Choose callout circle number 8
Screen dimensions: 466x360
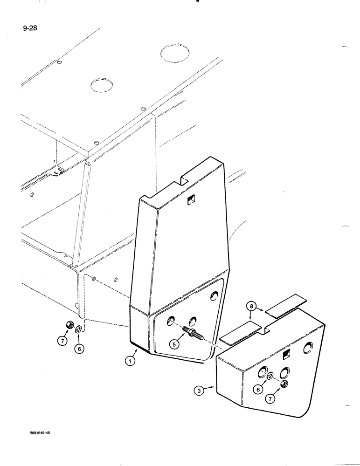pos(252,307)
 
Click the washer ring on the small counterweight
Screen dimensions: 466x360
pos(270,376)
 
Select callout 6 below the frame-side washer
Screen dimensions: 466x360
pos(80,348)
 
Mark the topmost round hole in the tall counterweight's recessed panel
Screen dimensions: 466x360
pos(215,295)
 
